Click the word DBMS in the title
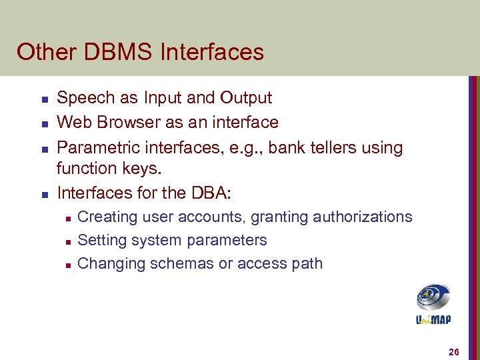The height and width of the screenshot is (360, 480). pyautogui.click(x=116, y=52)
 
